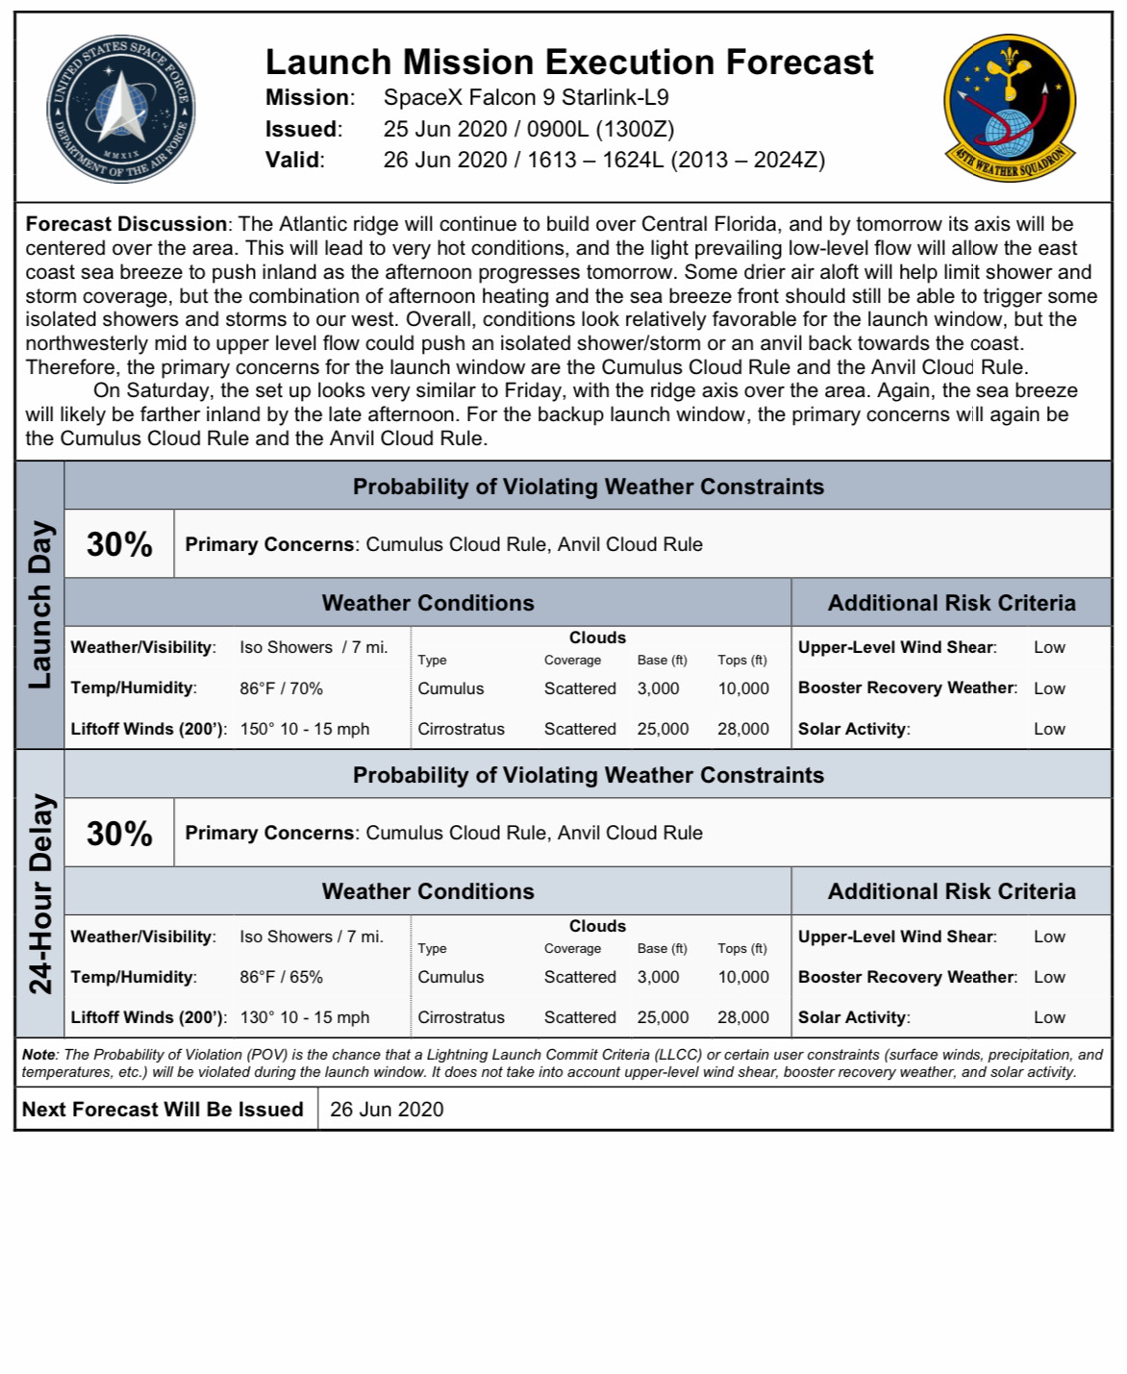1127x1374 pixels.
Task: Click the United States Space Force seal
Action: tap(120, 109)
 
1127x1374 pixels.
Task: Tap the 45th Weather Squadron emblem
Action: tap(1010, 108)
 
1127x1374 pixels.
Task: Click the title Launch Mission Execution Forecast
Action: tap(569, 62)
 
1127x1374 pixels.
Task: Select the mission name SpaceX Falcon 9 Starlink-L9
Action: tap(525, 98)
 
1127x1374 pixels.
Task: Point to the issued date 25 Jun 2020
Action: tap(444, 130)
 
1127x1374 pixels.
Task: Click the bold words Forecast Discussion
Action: tap(126, 224)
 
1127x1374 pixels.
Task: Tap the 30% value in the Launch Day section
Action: tap(119, 544)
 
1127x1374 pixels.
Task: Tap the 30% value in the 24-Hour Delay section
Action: tap(119, 833)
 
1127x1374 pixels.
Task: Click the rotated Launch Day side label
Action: tap(39, 605)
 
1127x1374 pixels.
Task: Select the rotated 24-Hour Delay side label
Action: tap(39, 893)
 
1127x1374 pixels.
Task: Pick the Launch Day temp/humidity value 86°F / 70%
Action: tap(281, 688)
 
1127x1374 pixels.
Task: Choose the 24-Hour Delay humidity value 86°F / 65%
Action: tap(281, 977)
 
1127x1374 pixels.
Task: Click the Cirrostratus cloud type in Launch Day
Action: tap(461, 729)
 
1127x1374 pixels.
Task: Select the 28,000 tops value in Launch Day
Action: tap(742, 729)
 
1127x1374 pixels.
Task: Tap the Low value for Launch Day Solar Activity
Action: tap(1049, 729)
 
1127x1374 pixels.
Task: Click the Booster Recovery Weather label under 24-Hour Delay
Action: tap(907, 977)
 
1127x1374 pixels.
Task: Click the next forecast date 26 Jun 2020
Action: tap(387, 1110)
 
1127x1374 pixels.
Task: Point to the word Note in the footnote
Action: tap(38, 1055)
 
